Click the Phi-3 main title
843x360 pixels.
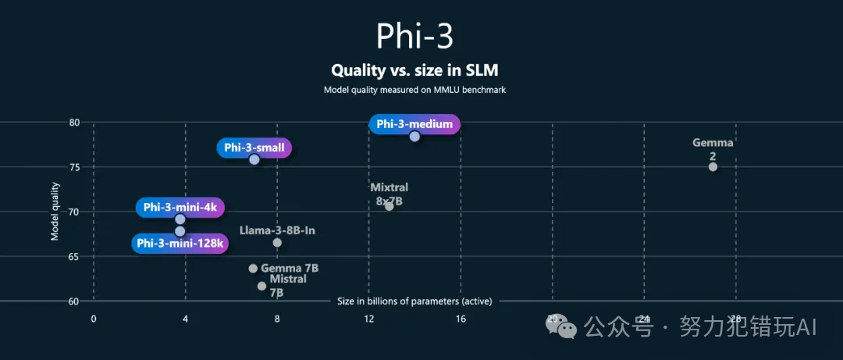click(414, 36)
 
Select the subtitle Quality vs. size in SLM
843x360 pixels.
click(414, 70)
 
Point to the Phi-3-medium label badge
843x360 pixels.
click(414, 123)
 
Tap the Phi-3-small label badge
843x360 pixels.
click(254, 148)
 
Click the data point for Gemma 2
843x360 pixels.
click(713, 167)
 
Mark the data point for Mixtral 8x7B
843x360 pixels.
click(389, 206)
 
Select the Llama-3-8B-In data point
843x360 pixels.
click(277, 243)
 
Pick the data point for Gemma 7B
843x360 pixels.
click(253, 269)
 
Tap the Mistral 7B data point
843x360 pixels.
click(261, 286)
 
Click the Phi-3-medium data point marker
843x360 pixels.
click(414, 137)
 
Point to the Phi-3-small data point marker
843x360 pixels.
click(254, 159)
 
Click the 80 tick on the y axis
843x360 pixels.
click(74, 123)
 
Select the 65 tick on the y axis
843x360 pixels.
click(74, 256)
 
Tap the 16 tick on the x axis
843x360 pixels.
click(461, 319)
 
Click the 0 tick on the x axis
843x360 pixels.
click(94, 319)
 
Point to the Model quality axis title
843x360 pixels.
click(55, 212)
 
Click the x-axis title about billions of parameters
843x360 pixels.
click(414, 301)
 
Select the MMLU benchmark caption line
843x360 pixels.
click(414, 90)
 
